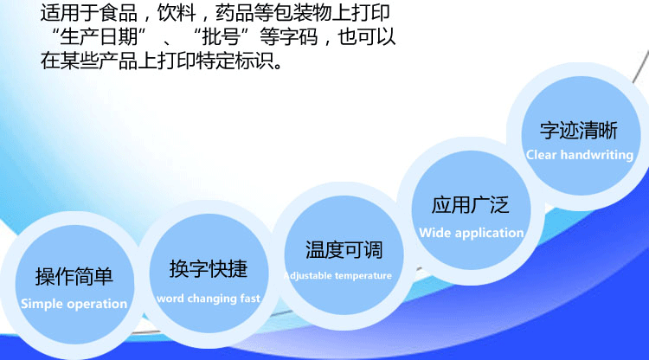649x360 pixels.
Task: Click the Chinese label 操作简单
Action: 74,276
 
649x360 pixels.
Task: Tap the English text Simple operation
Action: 74,304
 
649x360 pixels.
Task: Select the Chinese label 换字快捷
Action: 209,269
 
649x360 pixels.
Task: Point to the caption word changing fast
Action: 209,299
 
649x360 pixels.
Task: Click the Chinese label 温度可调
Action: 344,250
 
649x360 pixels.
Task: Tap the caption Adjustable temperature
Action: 337,275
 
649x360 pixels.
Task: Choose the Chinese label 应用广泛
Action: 470,205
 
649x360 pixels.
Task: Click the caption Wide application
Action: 472,233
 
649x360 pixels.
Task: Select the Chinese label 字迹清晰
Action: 579,131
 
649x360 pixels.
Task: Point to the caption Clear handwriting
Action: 580,155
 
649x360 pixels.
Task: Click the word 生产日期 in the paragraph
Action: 99,37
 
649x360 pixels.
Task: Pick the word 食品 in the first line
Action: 119,13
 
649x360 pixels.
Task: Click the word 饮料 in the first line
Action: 177,13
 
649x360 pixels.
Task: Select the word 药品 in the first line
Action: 235,13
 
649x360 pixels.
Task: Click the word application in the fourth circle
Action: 489,234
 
